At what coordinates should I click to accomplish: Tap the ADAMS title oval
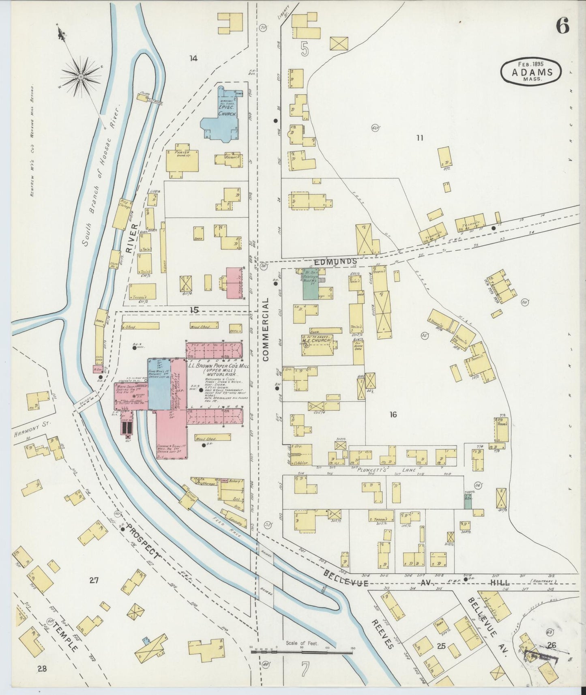click(531, 72)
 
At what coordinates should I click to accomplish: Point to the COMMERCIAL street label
click(266, 329)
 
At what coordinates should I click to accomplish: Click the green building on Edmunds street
click(311, 284)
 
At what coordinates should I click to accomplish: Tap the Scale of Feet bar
click(302, 652)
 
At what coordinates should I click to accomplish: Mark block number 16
click(393, 414)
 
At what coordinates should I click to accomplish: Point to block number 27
click(94, 581)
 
